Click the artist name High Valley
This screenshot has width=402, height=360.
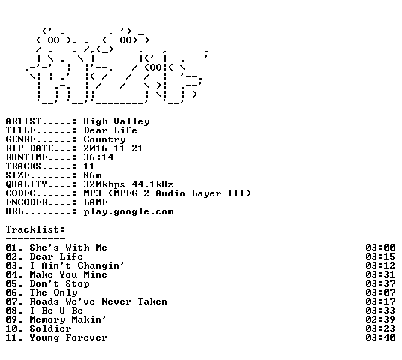[117, 121]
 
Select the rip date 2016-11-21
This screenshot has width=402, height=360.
[113, 148]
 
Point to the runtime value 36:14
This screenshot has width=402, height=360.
[98, 157]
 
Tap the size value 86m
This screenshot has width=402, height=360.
[92, 175]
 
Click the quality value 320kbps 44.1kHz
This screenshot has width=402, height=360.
[128, 184]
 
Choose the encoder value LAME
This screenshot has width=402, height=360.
[96, 202]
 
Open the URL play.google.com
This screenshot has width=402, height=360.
[129, 211]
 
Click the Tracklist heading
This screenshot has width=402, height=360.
[35, 229]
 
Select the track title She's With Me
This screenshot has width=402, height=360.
[68, 247]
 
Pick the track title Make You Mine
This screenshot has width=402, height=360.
[68, 274]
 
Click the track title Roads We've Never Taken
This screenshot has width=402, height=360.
[98, 301]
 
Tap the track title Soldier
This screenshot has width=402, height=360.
[50, 328]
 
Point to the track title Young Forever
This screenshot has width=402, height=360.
[68, 337]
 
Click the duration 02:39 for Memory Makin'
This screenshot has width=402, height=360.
[380, 319]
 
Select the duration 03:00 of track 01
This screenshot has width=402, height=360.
[380, 247]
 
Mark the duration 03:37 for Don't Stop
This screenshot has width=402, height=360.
[380, 283]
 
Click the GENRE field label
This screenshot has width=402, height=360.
[21, 139]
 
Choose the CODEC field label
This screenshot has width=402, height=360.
[21, 193]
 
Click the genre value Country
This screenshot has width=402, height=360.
[104, 140]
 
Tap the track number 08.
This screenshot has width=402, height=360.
[12, 310]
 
